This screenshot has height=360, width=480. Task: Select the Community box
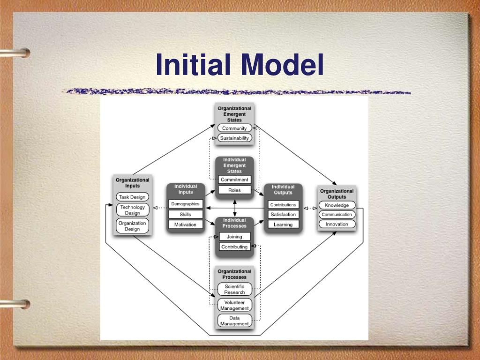pyautogui.click(x=234, y=128)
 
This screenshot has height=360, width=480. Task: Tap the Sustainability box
pyautogui.click(x=234, y=138)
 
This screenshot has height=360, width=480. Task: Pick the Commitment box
pyautogui.click(x=234, y=180)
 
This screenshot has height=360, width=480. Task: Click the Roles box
pyautogui.click(x=234, y=190)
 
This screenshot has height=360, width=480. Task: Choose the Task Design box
pyautogui.click(x=132, y=197)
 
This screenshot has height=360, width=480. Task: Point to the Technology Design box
pyautogui.click(x=132, y=210)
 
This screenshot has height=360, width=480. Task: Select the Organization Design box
pyautogui.click(x=132, y=226)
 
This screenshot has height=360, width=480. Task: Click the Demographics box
pyautogui.click(x=185, y=204)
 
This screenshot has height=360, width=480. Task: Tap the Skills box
pyautogui.click(x=185, y=214)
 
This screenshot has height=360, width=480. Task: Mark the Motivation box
pyautogui.click(x=185, y=225)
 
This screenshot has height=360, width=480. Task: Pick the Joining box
pyautogui.click(x=234, y=237)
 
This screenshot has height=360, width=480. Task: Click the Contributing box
pyautogui.click(x=234, y=247)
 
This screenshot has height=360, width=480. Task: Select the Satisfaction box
pyautogui.click(x=283, y=215)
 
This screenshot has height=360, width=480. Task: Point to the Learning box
pyautogui.click(x=283, y=225)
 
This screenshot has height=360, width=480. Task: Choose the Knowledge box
pyautogui.click(x=337, y=205)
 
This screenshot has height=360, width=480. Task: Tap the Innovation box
pyautogui.click(x=337, y=224)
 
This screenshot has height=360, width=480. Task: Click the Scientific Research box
pyautogui.click(x=234, y=289)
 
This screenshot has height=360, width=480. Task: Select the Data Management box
pyautogui.click(x=234, y=321)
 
